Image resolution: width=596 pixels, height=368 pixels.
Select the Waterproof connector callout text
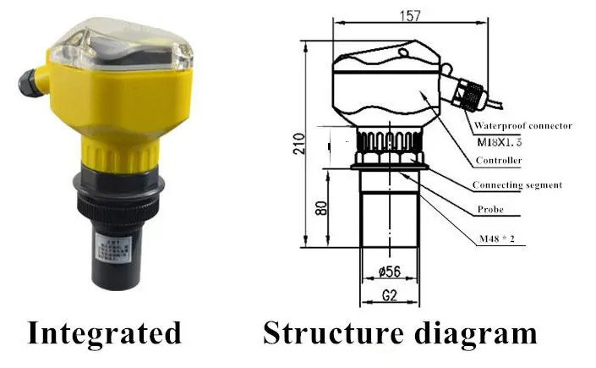pyautogui.click(x=521, y=125)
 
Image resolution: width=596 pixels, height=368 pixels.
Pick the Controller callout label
pyautogui.click(x=498, y=160)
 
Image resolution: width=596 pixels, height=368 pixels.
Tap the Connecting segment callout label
pyautogui.click(x=517, y=184)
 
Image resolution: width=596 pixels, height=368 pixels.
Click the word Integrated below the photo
pyautogui.click(x=105, y=332)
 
